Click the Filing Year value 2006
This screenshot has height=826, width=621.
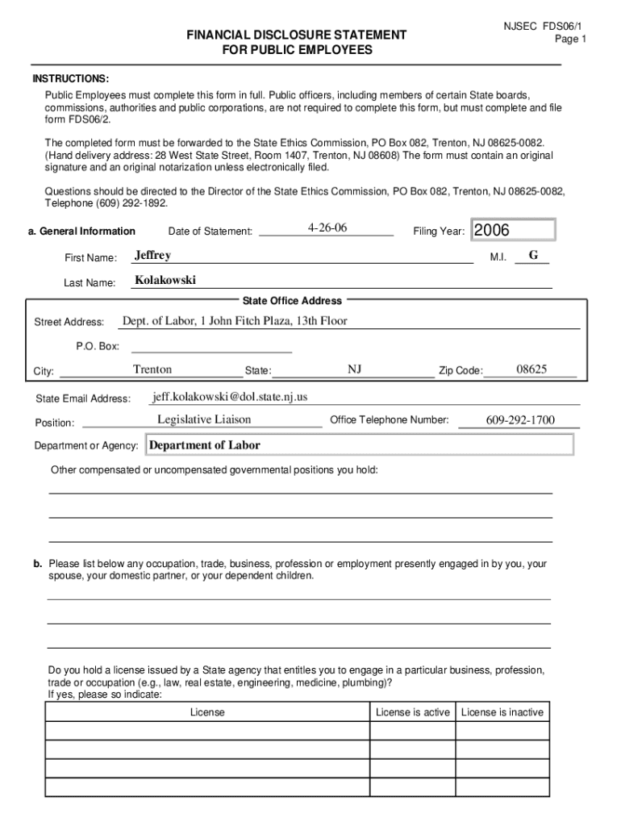pyautogui.click(x=492, y=231)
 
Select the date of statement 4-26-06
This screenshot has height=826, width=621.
pyautogui.click(x=327, y=228)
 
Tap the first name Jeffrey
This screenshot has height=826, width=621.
pyautogui.click(x=152, y=256)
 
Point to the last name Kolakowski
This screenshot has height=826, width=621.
pyautogui.click(x=165, y=281)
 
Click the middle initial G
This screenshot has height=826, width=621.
pyautogui.click(x=533, y=256)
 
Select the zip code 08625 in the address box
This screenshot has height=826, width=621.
pyautogui.click(x=531, y=369)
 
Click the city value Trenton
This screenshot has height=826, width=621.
pyautogui.click(x=152, y=369)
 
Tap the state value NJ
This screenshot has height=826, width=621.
pyautogui.click(x=355, y=369)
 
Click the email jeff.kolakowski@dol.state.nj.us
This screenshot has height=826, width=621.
pyautogui.click(x=230, y=397)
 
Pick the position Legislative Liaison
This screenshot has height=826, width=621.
pyautogui.click(x=204, y=419)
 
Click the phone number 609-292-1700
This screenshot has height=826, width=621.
pyautogui.click(x=520, y=420)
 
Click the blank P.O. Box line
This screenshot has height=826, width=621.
pyautogui.click(x=211, y=347)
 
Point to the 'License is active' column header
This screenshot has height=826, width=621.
pyautogui.click(x=413, y=712)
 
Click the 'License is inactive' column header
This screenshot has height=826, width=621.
pyautogui.click(x=502, y=712)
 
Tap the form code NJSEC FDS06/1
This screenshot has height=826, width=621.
pyautogui.click(x=543, y=26)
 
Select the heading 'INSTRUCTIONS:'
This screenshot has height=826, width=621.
pyautogui.click(x=70, y=79)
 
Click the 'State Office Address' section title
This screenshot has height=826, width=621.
pyautogui.click(x=299, y=301)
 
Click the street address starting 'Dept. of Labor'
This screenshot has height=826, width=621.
pyautogui.click(x=235, y=321)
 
